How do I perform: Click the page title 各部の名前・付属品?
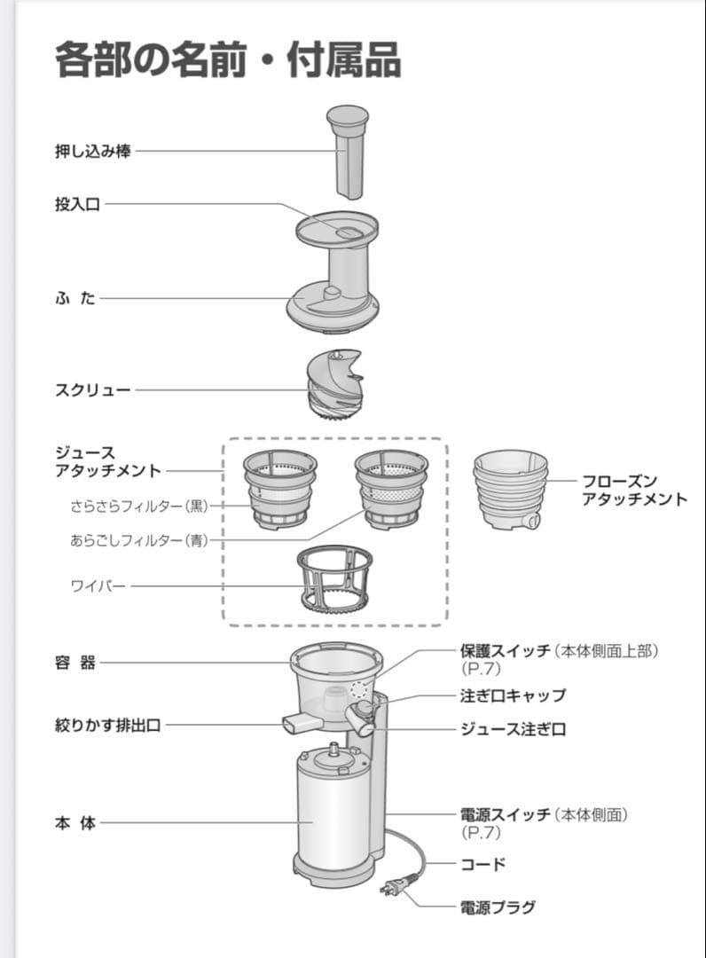pos(228,61)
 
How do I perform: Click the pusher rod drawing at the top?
pos(347,151)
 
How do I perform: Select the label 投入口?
pos(78,205)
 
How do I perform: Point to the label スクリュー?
pos(93,389)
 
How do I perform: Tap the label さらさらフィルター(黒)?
pos(138,506)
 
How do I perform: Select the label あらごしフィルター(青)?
pos(138,540)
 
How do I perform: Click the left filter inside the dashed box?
pos(279,489)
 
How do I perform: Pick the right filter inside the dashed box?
pos(391,489)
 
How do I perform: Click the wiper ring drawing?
pos(333,582)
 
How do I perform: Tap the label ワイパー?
pos(98,586)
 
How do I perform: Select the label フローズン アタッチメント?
pos(633,490)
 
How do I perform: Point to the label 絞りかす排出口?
pos(108,726)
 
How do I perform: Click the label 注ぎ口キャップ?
pos(513,695)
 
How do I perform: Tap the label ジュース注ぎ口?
pos(513,729)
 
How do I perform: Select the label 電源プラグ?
pos(498,907)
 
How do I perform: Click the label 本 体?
pos(75,823)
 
